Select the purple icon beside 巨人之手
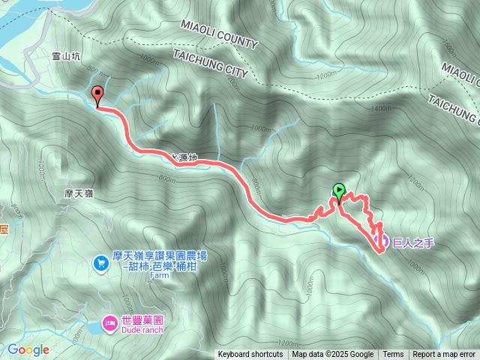(x=381, y=241)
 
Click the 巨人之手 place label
(x=413, y=241)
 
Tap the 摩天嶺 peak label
(x=78, y=193)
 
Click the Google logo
(x=28, y=349)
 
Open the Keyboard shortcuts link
(x=250, y=355)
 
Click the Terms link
(x=393, y=355)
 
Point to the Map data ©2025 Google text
(x=332, y=355)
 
